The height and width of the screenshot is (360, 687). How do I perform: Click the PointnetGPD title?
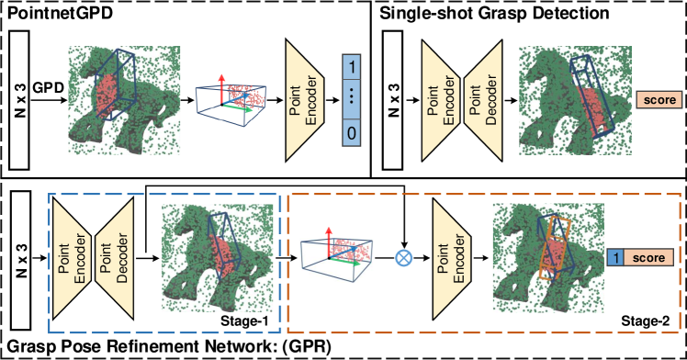(x=60, y=13)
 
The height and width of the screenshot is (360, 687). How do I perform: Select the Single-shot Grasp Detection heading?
(x=494, y=13)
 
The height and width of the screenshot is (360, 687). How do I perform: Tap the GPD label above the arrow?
(x=48, y=87)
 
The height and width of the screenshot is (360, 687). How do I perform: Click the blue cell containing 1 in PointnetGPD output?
(x=351, y=67)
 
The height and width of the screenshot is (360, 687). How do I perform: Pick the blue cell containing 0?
(x=351, y=133)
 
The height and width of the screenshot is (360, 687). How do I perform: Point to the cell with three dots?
(x=351, y=100)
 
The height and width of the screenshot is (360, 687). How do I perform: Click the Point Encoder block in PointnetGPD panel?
(x=305, y=100)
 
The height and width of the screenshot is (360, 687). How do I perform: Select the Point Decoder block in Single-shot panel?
(x=483, y=100)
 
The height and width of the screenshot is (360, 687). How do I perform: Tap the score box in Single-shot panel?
(x=659, y=100)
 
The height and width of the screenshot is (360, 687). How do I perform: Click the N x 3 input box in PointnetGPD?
(x=19, y=100)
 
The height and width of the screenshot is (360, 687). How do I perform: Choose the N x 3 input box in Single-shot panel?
(x=393, y=100)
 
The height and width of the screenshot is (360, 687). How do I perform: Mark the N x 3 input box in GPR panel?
(x=20, y=260)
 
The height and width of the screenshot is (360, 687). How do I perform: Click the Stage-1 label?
(x=244, y=321)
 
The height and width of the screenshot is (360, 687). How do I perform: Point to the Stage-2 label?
(x=646, y=321)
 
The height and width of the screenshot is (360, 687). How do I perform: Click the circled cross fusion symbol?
(x=403, y=258)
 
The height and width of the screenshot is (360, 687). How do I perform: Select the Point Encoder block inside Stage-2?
(x=452, y=258)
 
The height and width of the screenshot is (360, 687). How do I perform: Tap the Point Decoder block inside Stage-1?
(x=114, y=258)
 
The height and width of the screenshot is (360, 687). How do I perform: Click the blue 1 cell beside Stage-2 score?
(x=615, y=257)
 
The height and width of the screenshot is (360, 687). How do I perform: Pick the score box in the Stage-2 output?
(x=648, y=257)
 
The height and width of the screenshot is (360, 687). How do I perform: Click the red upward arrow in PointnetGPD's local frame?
(x=221, y=89)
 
